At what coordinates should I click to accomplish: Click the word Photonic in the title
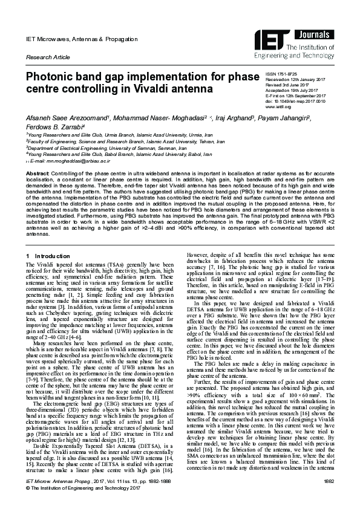[53, 78]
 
